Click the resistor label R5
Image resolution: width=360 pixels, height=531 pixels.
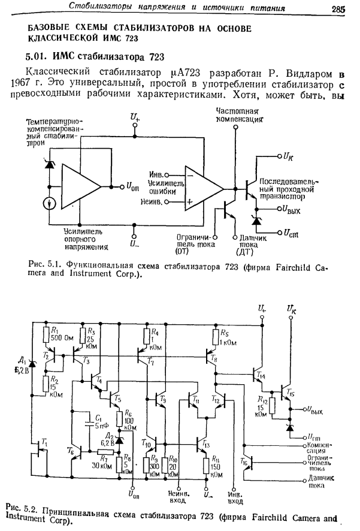coord(224,333)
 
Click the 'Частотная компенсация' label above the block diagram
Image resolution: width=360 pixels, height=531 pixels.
coord(238,115)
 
